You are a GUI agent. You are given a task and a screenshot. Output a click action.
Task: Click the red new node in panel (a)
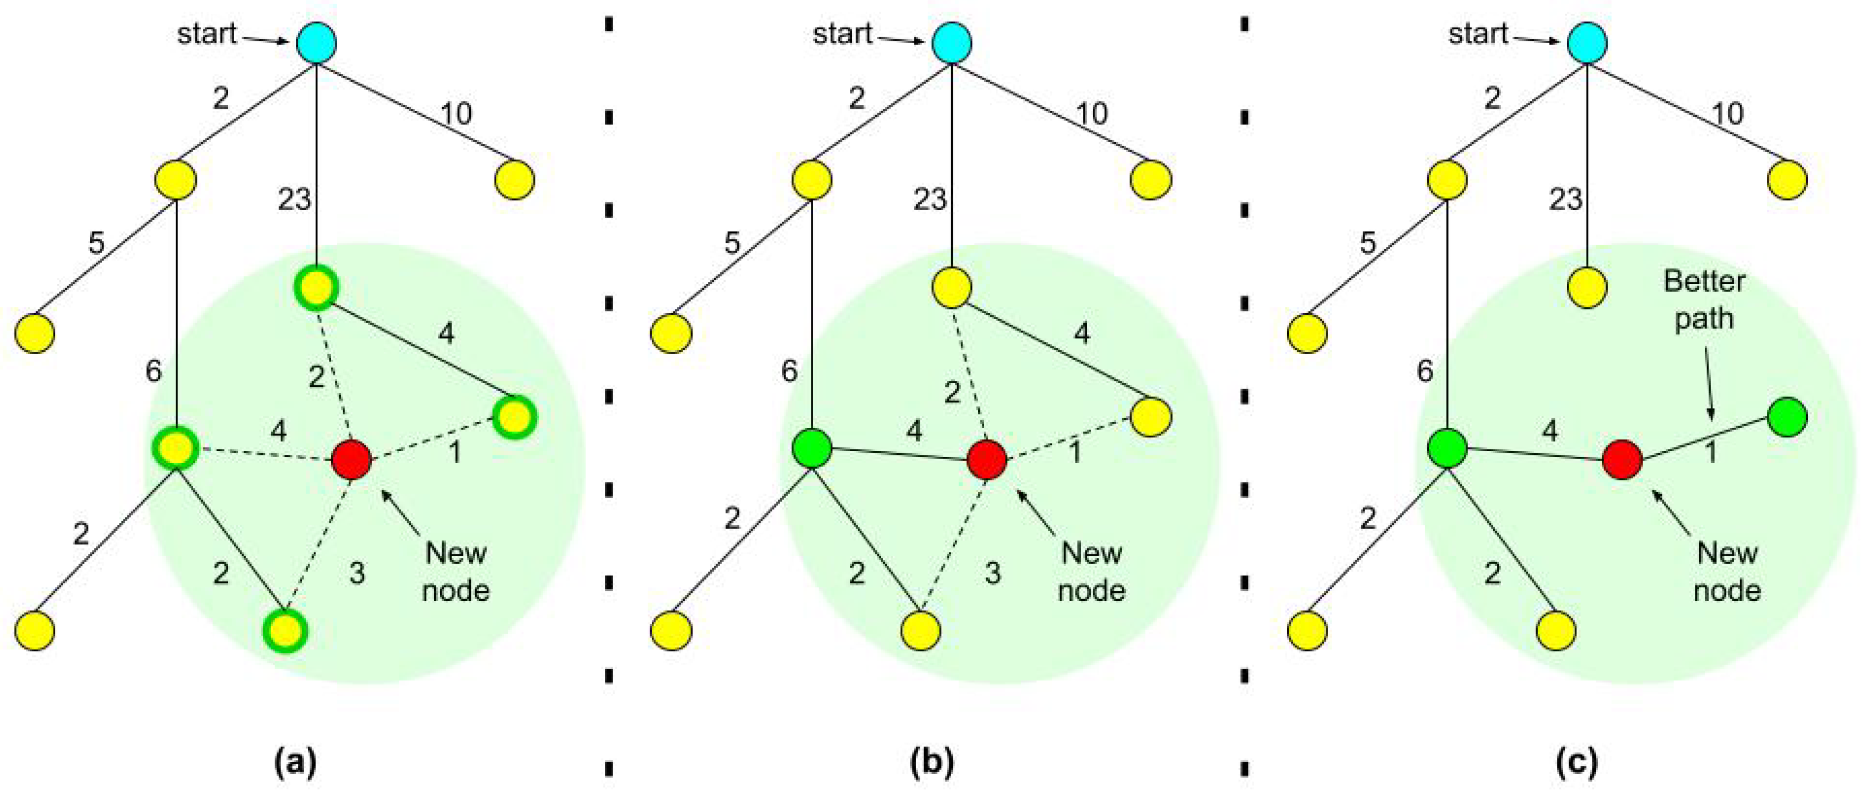351,459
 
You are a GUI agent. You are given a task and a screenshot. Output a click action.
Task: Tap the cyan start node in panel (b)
952,42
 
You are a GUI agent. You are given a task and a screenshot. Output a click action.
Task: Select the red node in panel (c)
1623,460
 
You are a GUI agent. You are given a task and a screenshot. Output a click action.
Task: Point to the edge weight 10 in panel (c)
1727,114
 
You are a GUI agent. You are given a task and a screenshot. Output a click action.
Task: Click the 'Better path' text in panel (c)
1704,299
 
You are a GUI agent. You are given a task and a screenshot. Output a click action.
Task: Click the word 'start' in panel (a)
207,33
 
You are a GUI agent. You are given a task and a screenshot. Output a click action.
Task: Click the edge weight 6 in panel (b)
789,371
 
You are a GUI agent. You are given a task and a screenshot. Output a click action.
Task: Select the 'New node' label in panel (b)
1091,571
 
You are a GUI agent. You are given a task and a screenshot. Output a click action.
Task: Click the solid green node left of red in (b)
812,448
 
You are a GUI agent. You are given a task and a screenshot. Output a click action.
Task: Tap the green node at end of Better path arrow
1787,416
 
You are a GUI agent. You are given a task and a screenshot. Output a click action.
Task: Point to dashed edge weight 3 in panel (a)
357,573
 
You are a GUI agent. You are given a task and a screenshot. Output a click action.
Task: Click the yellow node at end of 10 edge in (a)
515,179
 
